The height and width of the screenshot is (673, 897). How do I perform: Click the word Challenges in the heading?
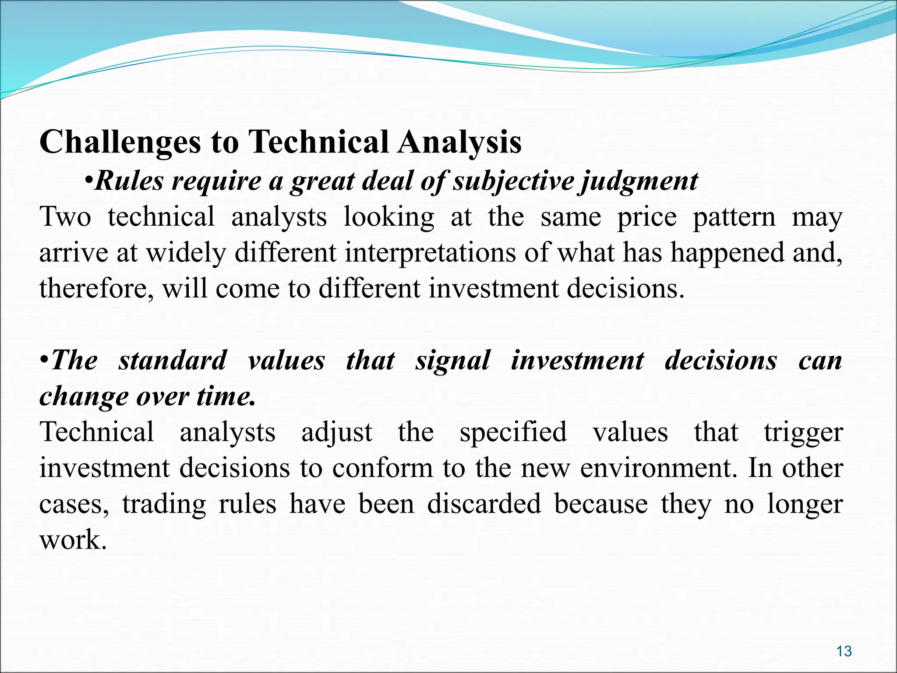point(120,143)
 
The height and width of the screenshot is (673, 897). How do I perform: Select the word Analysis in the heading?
point(459,143)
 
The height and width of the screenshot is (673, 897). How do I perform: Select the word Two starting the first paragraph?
point(65,217)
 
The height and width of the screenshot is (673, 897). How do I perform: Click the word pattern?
point(734,217)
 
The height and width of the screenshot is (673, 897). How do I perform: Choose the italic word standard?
point(173,361)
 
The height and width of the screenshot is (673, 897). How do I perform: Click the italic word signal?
point(453,361)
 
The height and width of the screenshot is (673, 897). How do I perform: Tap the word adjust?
point(337,432)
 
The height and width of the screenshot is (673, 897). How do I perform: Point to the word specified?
point(513,432)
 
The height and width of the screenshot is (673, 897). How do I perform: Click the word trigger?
point(803,432)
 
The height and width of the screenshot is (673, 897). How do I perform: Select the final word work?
point(73,540)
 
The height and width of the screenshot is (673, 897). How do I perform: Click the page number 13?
point(844,652)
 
